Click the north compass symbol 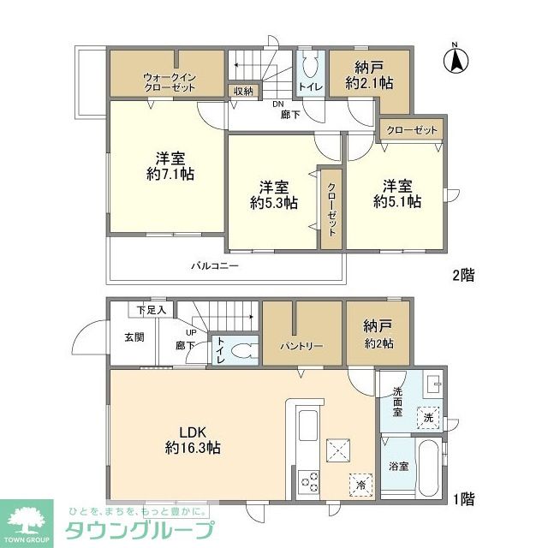[456, 59]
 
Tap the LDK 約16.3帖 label [193, 440]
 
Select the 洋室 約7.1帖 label [170, 166]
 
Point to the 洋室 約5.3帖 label [274, 195]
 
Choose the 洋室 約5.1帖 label [397, 194]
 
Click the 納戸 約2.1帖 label [369, 75]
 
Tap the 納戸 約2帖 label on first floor [378, 335]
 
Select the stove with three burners [309, 481]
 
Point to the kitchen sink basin [308, 426]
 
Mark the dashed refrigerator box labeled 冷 [360, 485]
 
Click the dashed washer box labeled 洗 [428, 418]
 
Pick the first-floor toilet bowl [245, 350]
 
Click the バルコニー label [215, 266]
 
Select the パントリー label [301, 346]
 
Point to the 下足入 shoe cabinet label [151, 310]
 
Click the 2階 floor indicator [464, 276]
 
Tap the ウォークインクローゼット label [170, 82]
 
